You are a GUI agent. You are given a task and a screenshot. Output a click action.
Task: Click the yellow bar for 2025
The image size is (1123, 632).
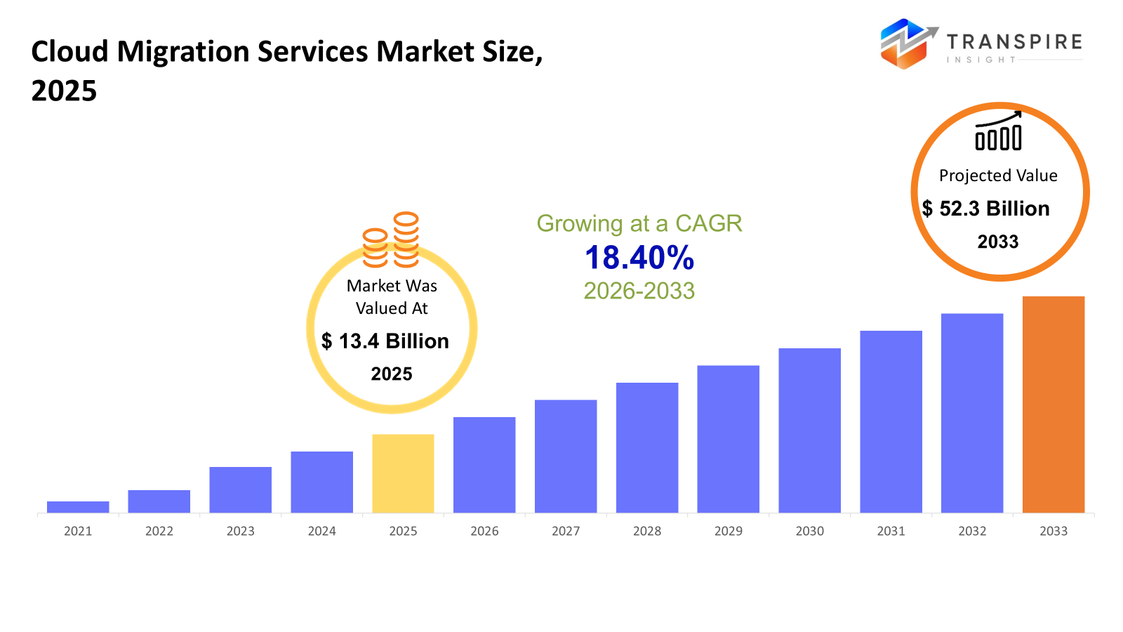point(403,473)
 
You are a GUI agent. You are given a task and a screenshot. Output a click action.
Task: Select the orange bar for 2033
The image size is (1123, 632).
point(1053,404)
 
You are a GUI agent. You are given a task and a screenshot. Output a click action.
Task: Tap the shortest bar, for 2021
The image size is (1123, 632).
point(78,507)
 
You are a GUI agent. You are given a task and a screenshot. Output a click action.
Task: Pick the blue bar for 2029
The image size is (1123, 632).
point(728,439)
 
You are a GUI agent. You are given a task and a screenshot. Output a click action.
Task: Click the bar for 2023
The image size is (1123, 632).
point(240,489)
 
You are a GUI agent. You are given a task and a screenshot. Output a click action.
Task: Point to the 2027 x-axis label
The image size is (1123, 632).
point(566,532)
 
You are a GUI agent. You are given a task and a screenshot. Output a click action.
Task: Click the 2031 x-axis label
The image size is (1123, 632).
point(891,532)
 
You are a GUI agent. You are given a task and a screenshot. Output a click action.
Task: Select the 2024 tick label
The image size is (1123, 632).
point(321,532)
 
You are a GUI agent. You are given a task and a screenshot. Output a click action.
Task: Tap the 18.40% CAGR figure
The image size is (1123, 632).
point(639,258)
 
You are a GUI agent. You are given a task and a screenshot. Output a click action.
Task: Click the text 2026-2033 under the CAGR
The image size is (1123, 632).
point(639,291)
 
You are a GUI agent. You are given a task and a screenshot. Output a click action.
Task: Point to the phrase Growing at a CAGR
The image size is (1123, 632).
point(639,223)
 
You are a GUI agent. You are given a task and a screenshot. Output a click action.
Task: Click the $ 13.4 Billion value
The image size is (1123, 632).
point(385,341)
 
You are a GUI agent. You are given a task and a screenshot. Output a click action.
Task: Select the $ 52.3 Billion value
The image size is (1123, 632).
point(986,209)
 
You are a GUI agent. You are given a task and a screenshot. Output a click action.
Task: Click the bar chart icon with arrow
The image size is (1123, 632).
point(998,131)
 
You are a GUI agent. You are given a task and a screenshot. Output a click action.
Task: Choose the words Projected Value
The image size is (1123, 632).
point(998,176)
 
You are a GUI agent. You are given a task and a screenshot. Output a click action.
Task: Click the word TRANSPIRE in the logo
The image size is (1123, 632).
point(1014,41)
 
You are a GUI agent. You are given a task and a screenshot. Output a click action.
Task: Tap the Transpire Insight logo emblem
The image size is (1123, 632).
point(907,44)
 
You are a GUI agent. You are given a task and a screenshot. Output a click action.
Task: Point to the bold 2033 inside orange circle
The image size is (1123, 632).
point(998,242)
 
